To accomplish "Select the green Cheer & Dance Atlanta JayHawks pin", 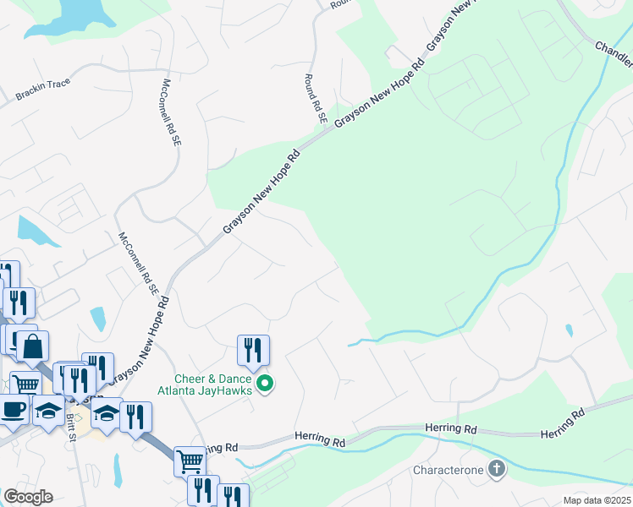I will [x=265, y=384].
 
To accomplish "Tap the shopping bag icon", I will [x=33, y=346].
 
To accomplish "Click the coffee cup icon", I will [x=12, y=409].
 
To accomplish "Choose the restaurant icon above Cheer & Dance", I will [x=253, y=350].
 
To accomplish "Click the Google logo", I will [x=28, y=497].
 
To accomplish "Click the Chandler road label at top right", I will [x=614, y=54].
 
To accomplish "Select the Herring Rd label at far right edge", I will [x=563, y=423].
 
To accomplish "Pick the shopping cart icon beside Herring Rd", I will [x=190, y=461].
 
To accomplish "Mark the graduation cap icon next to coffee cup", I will [x=49, y=411].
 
